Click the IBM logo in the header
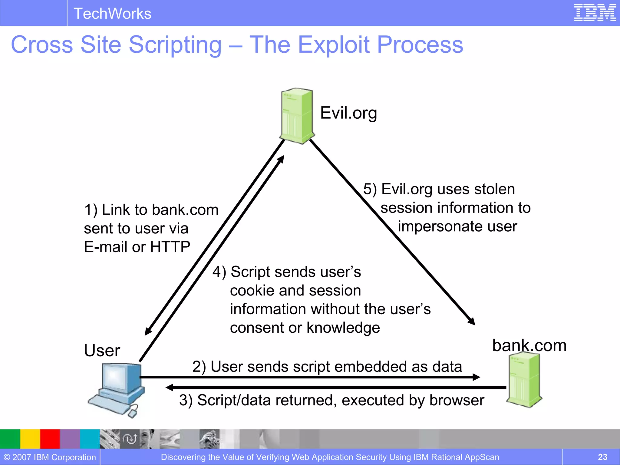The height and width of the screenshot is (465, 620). [x=595, y=13]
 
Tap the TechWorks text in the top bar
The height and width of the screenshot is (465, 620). [x=112, y=14]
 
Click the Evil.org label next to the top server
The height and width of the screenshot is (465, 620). [x=348, y=113]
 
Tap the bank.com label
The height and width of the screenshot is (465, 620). [x=529, y=345]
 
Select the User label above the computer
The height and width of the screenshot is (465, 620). [x=102, y=351]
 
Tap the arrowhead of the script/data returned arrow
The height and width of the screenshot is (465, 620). [x=170, y=387]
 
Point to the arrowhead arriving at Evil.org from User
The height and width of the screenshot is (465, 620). [x=281, y=159]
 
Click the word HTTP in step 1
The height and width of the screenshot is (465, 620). [x=170, y=247]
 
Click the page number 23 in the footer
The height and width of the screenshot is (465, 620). [x=602, y=457]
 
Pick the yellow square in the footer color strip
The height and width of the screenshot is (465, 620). [x=30, y=439]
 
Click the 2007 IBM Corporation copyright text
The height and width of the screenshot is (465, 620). [x=50, y=457]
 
